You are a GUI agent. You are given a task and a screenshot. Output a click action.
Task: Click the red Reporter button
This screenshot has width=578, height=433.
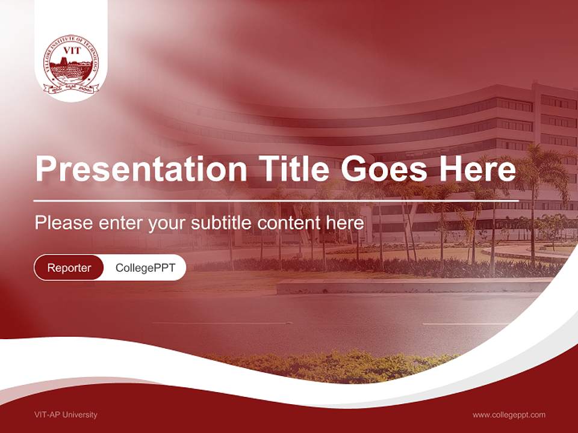[x=69, y=268]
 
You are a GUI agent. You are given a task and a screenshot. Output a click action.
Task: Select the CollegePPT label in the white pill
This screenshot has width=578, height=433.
[x=145, y=268]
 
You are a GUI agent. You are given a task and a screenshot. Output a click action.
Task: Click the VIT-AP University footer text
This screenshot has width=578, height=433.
[x=66, y=415]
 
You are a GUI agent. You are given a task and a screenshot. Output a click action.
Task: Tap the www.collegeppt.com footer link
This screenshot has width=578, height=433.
[x=509, y=415]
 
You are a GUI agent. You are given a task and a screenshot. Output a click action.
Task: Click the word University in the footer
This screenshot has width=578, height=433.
[x=80, y=415]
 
